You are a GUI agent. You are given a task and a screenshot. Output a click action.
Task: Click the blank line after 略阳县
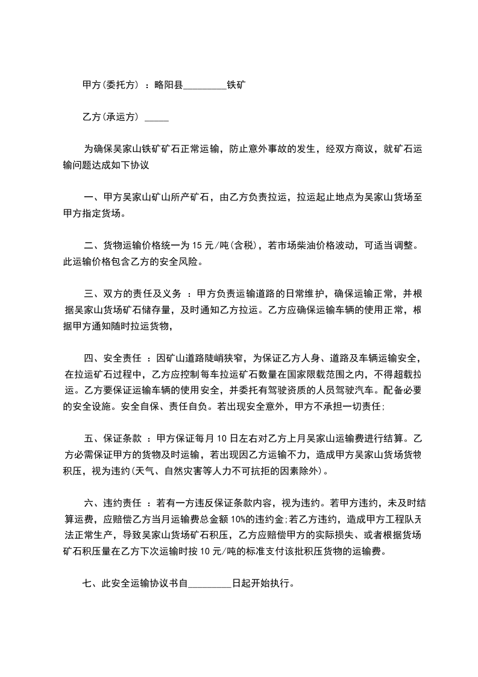click(204, 88)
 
